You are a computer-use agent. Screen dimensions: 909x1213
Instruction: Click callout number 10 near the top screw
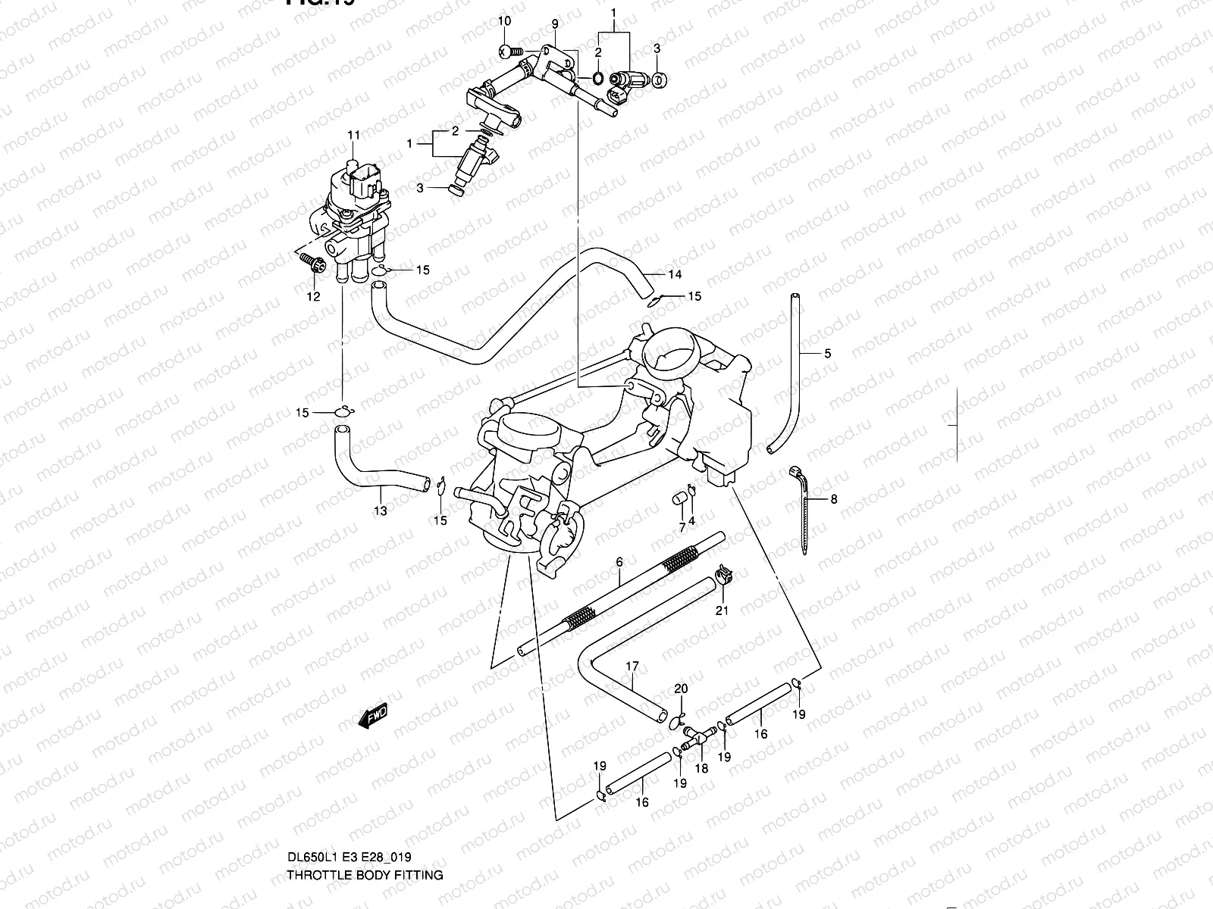click(506, 20)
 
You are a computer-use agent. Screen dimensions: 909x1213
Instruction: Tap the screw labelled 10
click(509, 51)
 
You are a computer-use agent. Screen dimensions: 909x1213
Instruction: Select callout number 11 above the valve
click(354, 136)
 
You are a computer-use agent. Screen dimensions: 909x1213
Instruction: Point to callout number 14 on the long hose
click(675, 274)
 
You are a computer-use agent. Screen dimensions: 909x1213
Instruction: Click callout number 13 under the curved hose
click(381, 511)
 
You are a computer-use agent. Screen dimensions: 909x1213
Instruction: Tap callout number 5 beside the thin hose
click(828, 353)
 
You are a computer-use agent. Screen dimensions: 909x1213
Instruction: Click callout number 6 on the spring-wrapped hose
click(619, 562)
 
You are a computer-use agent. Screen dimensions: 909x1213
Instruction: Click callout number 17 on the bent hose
click(632, 667)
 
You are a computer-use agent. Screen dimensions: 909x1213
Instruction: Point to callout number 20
click(681, 689)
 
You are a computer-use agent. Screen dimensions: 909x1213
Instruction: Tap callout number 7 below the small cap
click(682, 526)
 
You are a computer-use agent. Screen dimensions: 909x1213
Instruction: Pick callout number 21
click(722, 610)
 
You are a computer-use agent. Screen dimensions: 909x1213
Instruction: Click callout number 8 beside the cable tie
click(834, 499)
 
